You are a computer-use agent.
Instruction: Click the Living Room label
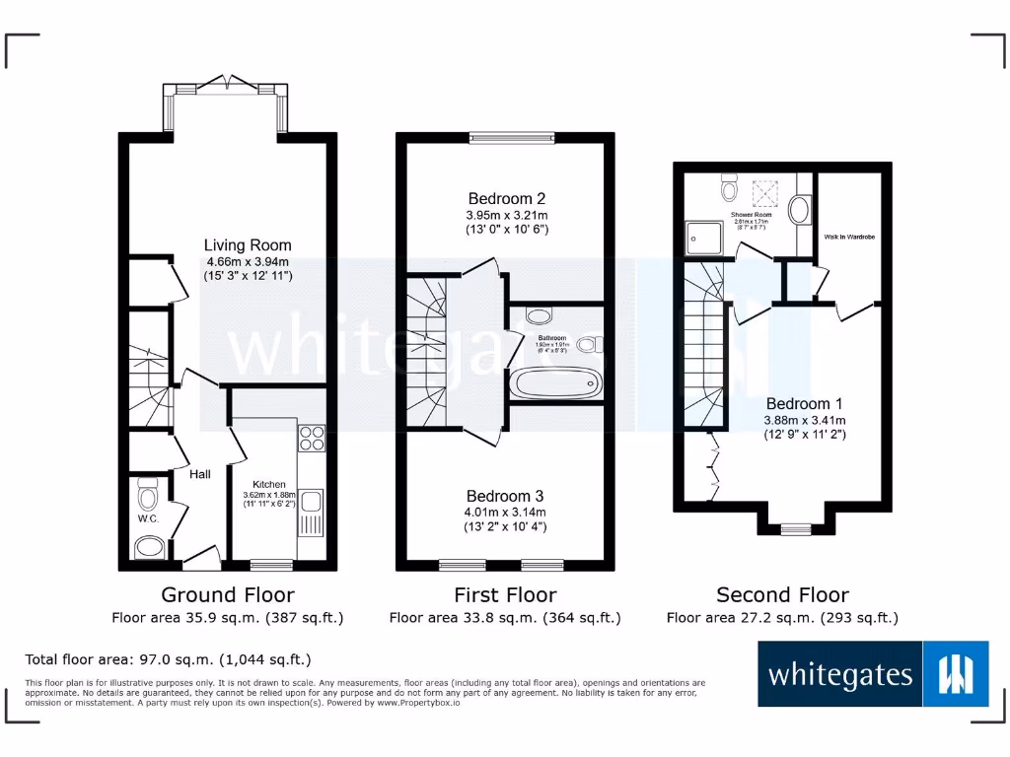click(x=248, y=245)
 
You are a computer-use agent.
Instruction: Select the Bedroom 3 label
click(x=505, y=496)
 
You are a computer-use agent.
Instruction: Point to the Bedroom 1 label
click(x=804, y=403)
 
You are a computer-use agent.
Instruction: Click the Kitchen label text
click(x=269, y=484)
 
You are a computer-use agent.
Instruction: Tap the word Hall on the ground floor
click(x=200, y=474)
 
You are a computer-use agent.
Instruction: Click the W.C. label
click(x=149, y=517)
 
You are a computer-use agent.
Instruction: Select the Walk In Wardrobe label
click(x=849, y=238)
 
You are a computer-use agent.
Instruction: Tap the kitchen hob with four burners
click(x=312, y=437)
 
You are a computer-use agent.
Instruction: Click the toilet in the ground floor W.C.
click(x=148, y=492)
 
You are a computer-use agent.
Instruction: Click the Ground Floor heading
click(x=227, y=594)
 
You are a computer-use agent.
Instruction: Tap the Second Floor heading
click(x=782, y=594)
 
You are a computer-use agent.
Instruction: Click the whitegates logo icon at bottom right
click(x=956, y=674)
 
